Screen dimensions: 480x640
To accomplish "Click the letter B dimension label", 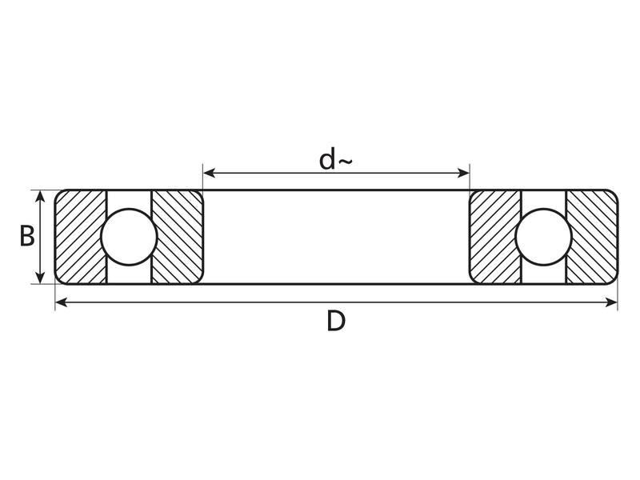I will point(26,237).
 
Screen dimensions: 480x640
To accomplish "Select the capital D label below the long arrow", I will point(336,322).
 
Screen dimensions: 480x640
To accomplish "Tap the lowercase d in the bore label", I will point(327,160).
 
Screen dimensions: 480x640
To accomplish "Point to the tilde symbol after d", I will point(344,162).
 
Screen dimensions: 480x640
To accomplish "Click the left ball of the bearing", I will point(129,237).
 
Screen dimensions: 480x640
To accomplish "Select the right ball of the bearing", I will point(544,237).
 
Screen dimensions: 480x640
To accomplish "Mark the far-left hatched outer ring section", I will point(81,237).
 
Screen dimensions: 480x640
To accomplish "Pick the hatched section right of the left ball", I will point(178,237).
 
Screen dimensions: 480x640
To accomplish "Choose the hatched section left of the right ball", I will point(495,237).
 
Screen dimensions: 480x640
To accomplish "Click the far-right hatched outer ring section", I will point(592,237).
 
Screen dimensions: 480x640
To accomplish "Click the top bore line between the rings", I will point(336,190).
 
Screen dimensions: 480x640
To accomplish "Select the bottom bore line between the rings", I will point(336,283).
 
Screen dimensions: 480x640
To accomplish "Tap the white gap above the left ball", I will point(129,199).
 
